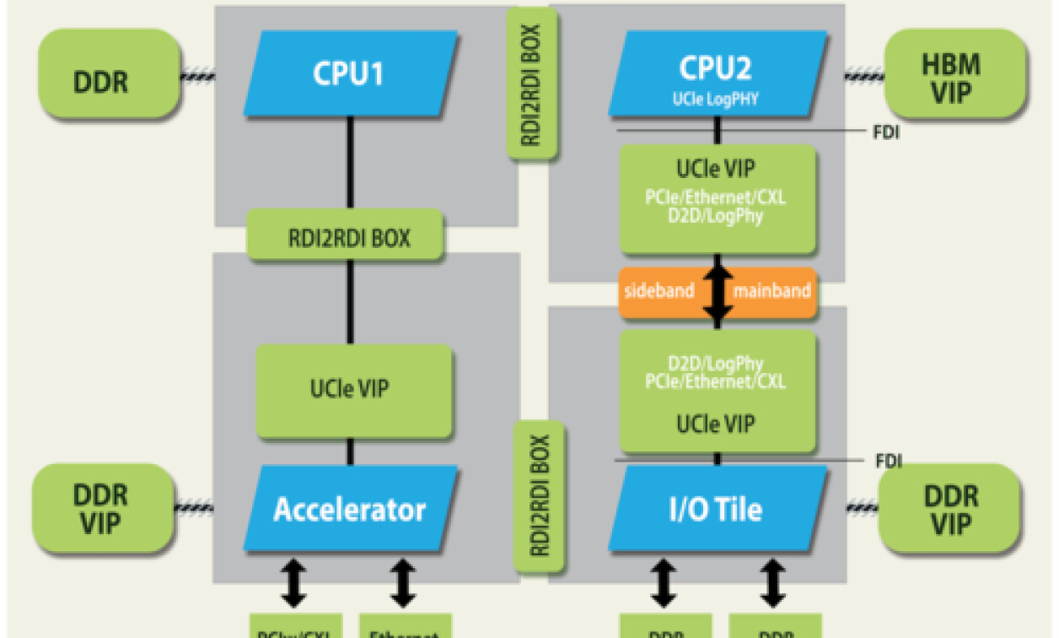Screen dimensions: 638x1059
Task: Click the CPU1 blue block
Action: [350, 73]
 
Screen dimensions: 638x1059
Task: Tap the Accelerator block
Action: [350, 510]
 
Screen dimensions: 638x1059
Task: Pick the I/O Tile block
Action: [716, 510]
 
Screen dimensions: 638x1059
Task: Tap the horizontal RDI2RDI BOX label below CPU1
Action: [345, 238]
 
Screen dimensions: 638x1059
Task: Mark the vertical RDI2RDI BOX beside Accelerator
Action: [540, 495]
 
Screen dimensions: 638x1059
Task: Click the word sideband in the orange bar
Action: [659, 291]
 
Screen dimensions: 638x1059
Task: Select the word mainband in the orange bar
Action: [772, 291]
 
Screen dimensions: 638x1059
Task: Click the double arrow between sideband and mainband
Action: [718, 291]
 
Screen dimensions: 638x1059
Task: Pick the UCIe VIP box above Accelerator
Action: [354, 390]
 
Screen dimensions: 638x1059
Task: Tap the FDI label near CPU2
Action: [887, 132]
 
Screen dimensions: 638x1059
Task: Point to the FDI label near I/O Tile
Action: [888, 461]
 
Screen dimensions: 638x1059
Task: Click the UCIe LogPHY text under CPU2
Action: [716, 99]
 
